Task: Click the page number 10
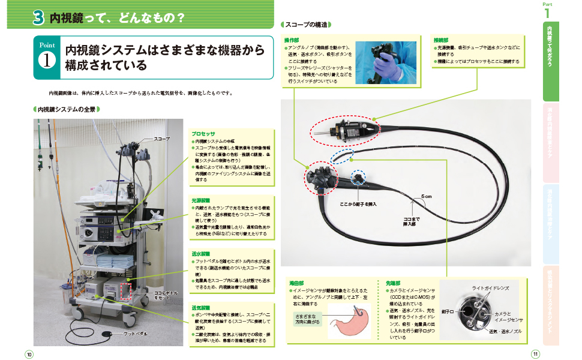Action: click(x=29, y=353)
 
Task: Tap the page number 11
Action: click(x=535, y=353)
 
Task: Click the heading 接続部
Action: click(x=441, y=40)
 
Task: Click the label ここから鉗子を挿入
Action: click(x=358, y=204)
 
